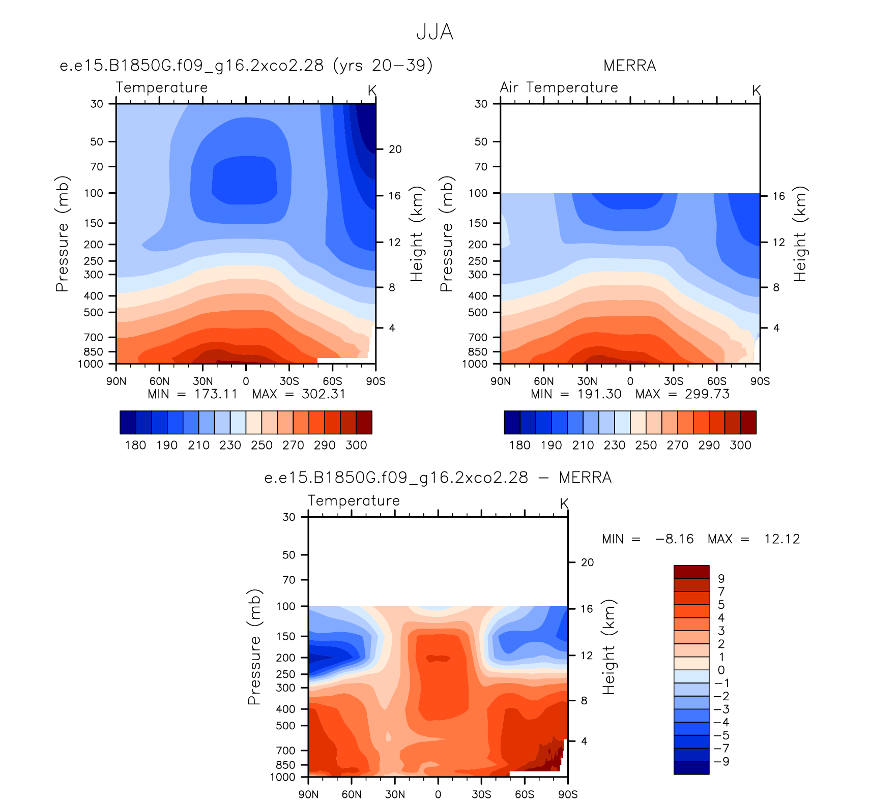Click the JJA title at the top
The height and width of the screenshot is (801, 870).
(x=434, y=32)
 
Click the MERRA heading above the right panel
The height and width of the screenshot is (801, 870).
(x=630, y=66)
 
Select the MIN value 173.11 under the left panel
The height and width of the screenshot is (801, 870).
(x=216, y=394)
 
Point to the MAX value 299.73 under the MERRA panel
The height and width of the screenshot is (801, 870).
(x=707, y=394)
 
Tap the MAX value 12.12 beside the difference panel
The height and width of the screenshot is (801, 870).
(x=782, y=539)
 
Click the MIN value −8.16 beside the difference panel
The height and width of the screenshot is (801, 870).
(x=675, y=539)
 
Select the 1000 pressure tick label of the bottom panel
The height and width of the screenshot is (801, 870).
(x=282, y=777)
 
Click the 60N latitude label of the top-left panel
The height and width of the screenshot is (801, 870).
(x=159, y=381)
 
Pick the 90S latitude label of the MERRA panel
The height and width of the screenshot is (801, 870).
(x=760, y=381)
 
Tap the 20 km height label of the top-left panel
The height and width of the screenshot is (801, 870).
(x=395, y=150)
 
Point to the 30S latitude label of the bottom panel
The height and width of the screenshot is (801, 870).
(x=481, y=794)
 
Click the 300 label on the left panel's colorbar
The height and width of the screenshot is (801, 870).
(x=356, y=446)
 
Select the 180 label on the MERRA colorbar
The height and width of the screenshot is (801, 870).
(x=520, y=446)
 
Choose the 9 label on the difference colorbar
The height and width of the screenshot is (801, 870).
(x=721, y=579)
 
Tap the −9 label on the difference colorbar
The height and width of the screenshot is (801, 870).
(x=722, y=762)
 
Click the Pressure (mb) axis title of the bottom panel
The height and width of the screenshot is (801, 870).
(x=254, y=647)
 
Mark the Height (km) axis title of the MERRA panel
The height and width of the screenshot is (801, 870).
(x=800, y=234)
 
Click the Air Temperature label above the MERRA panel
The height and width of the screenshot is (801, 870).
(x=559, y=87)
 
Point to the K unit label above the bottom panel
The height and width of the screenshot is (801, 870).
(x=564, y=504)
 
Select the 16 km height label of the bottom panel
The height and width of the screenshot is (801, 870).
(x=587, y=609)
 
